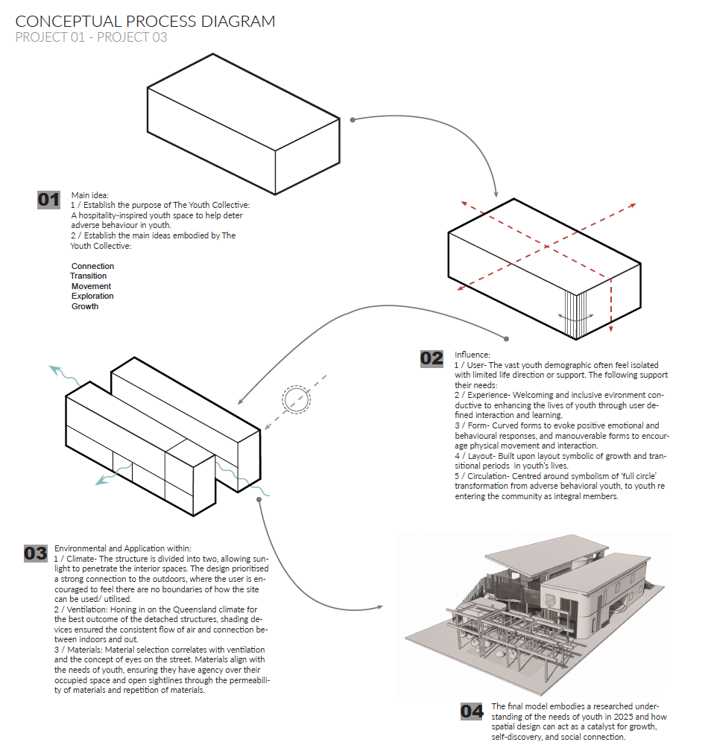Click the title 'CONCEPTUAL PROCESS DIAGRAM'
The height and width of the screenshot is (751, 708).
pos(145,21)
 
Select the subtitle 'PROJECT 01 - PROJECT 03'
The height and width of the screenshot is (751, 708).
pos(91,37)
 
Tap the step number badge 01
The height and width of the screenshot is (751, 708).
pos(49,200)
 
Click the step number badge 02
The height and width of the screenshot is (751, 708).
pos(432,359)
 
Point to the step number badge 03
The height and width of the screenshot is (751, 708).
pos(36,554)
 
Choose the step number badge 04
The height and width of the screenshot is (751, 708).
pos(472,712)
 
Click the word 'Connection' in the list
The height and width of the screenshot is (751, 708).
pos(93,266)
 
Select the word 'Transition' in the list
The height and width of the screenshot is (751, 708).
pos(89,276)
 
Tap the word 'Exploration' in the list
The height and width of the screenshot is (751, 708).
pos(92,296)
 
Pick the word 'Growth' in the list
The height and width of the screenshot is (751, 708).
pos(85,306)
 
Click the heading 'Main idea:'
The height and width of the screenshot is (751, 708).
pos(90,195)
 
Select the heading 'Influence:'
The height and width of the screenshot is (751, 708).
pos(472,355)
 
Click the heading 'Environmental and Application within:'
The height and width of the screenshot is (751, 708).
pos(123,548)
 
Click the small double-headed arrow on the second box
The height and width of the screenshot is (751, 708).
pos(576,316)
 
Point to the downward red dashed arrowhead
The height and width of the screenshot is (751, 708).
pos(611,329)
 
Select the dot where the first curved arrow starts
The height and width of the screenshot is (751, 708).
pos(353,120)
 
